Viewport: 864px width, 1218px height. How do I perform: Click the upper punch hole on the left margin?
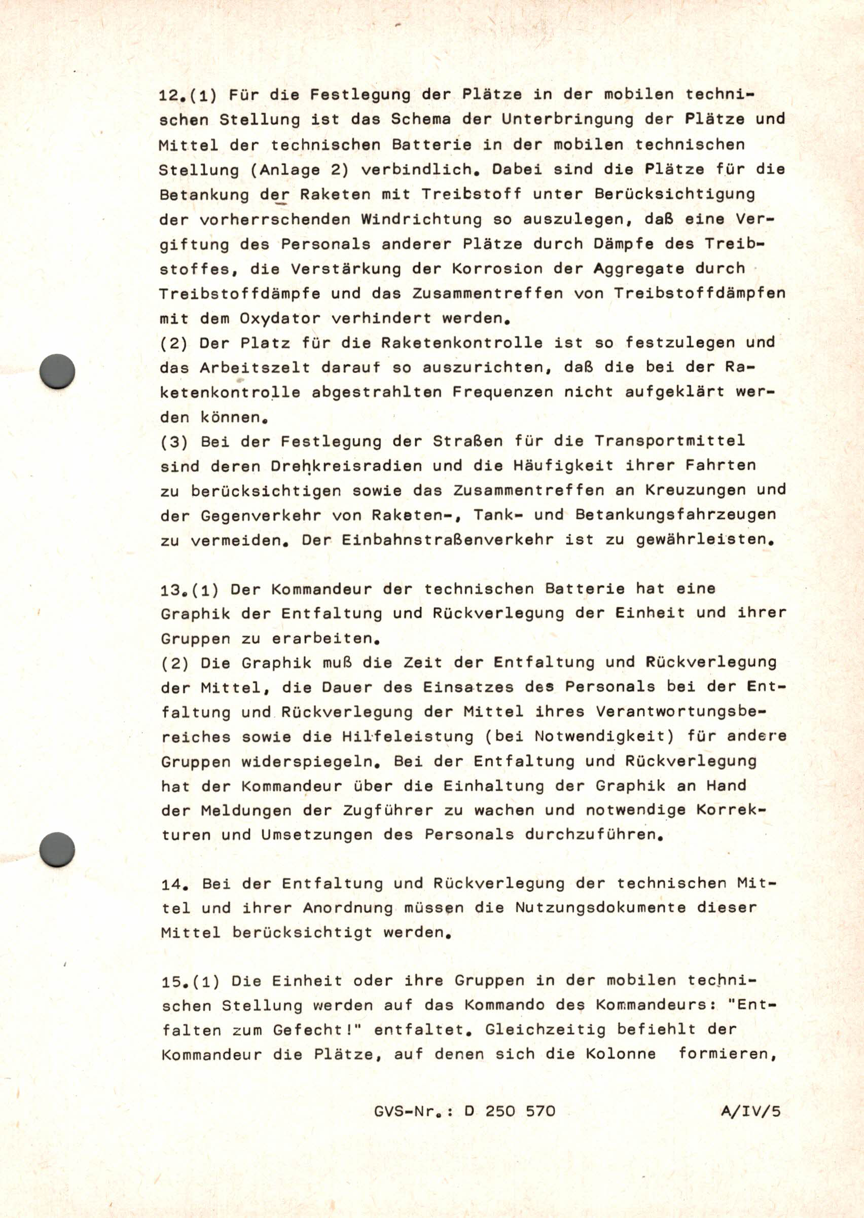(x=57, y=371)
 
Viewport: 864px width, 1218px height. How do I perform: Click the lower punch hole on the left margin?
(x=57, y=850)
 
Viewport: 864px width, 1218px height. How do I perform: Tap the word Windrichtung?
(x=421, y=219)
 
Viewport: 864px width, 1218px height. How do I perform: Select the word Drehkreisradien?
(x=346, y=466)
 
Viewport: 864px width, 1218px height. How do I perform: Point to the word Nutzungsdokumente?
(x=600, y=908)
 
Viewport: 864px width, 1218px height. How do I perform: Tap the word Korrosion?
(x=497, y=269)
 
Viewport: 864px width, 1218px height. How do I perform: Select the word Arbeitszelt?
(x=255, y=368)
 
